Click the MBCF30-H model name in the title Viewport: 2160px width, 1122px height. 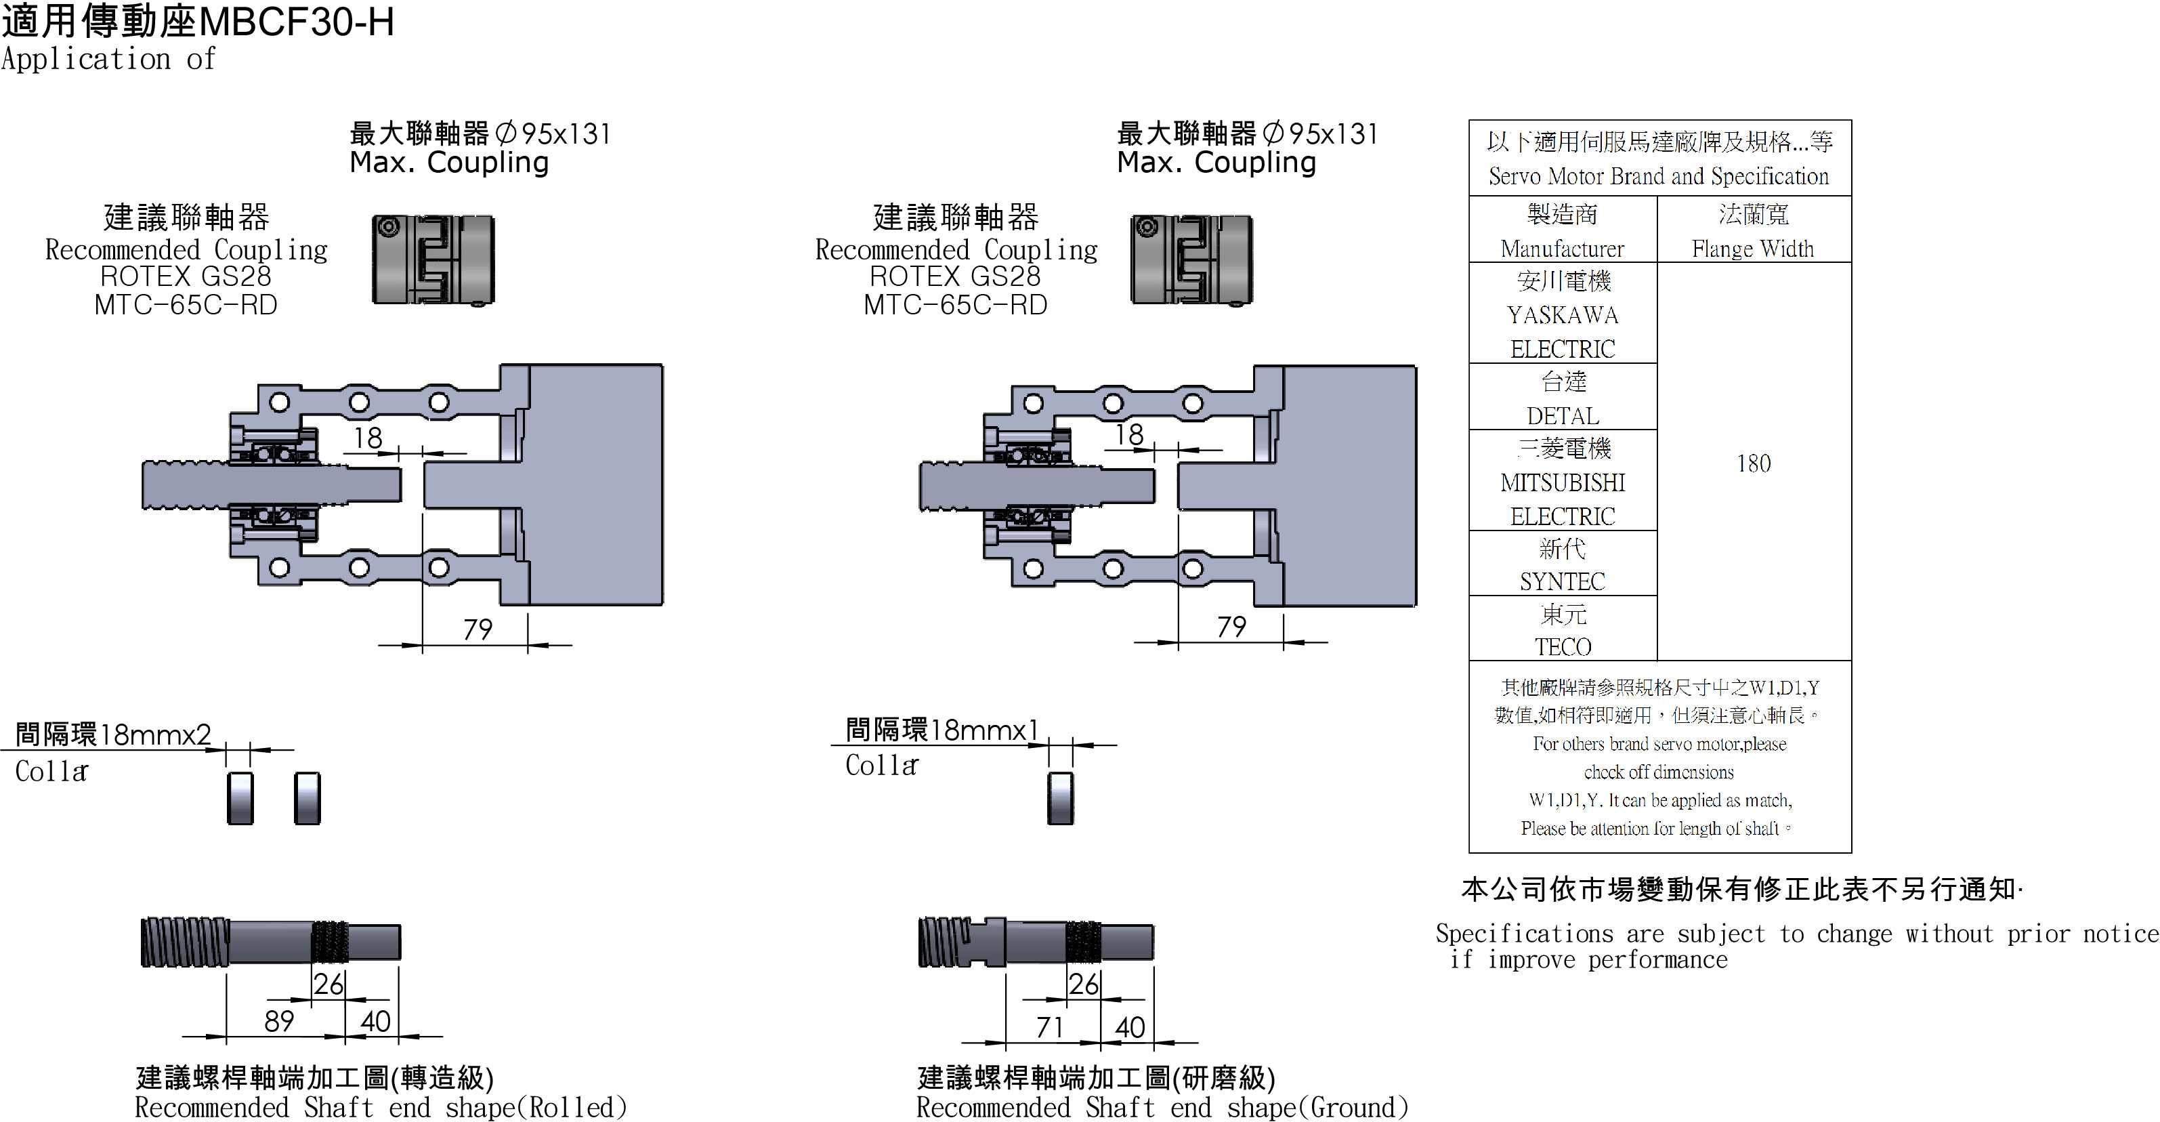tap(297, 22)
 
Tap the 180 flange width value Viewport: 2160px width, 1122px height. tap(1754, 463)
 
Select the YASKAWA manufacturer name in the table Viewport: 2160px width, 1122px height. tap(1562, 315)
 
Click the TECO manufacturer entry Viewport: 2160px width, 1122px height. tap(1562, 646)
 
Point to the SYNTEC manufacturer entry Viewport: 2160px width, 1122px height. tap(1562, 581)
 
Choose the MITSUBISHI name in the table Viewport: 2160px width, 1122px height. tap(1562, 482)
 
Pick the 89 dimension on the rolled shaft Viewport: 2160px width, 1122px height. tap(279, 1020)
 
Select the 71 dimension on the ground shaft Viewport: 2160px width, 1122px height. tap(1050, 1026)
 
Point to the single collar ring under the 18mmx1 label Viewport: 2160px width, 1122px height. tap(1061, 797)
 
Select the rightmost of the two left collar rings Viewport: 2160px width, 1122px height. tap(308, 797)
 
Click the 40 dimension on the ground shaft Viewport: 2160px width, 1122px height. tap(1130, 1026)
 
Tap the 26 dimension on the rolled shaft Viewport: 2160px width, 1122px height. tap(329, 983)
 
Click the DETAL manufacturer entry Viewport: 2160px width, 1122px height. tap(1562, 415)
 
